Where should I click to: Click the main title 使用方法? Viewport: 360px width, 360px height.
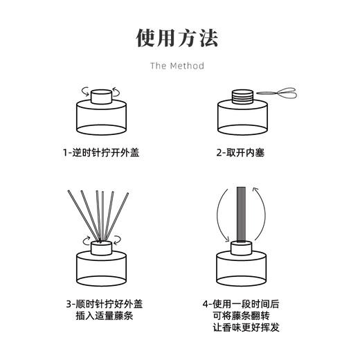tap(179, 37)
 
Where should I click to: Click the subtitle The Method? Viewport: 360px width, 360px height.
tap(179, 66)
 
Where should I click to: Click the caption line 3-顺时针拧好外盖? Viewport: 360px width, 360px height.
tap(102, 303)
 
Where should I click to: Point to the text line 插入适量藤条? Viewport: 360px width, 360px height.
tap(102, 317)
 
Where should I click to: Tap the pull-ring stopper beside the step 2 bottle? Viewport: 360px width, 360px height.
tap(277, 92)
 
